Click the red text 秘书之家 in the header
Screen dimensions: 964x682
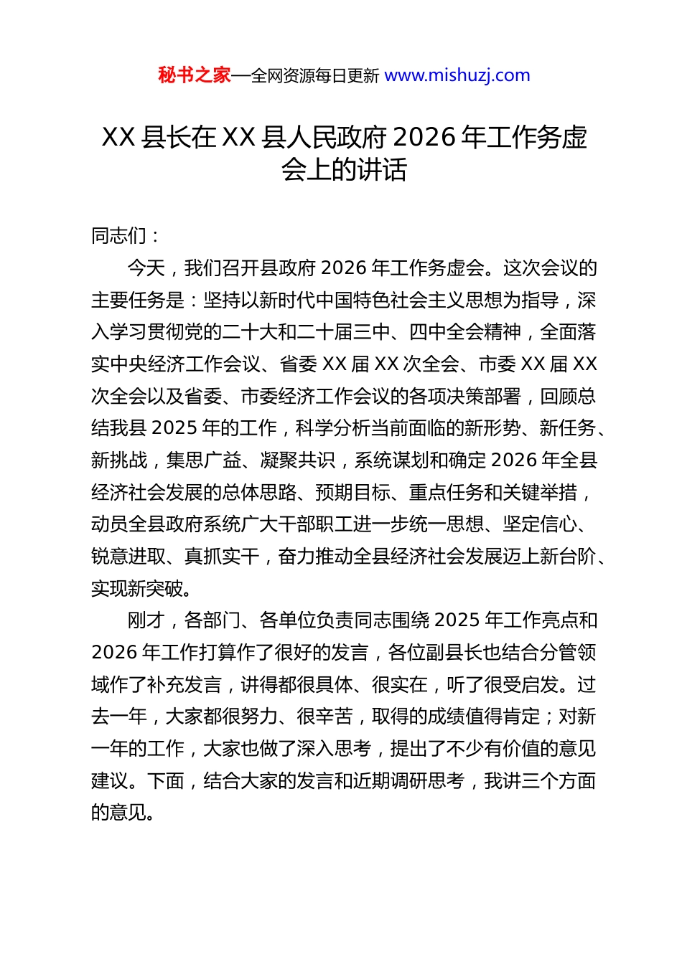[195, 75]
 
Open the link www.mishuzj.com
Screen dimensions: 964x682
[457, 75]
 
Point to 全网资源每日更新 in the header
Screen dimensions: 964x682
[314, 75]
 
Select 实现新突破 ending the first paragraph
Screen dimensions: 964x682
[137, 589]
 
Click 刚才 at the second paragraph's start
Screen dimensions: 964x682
[146, 620]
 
